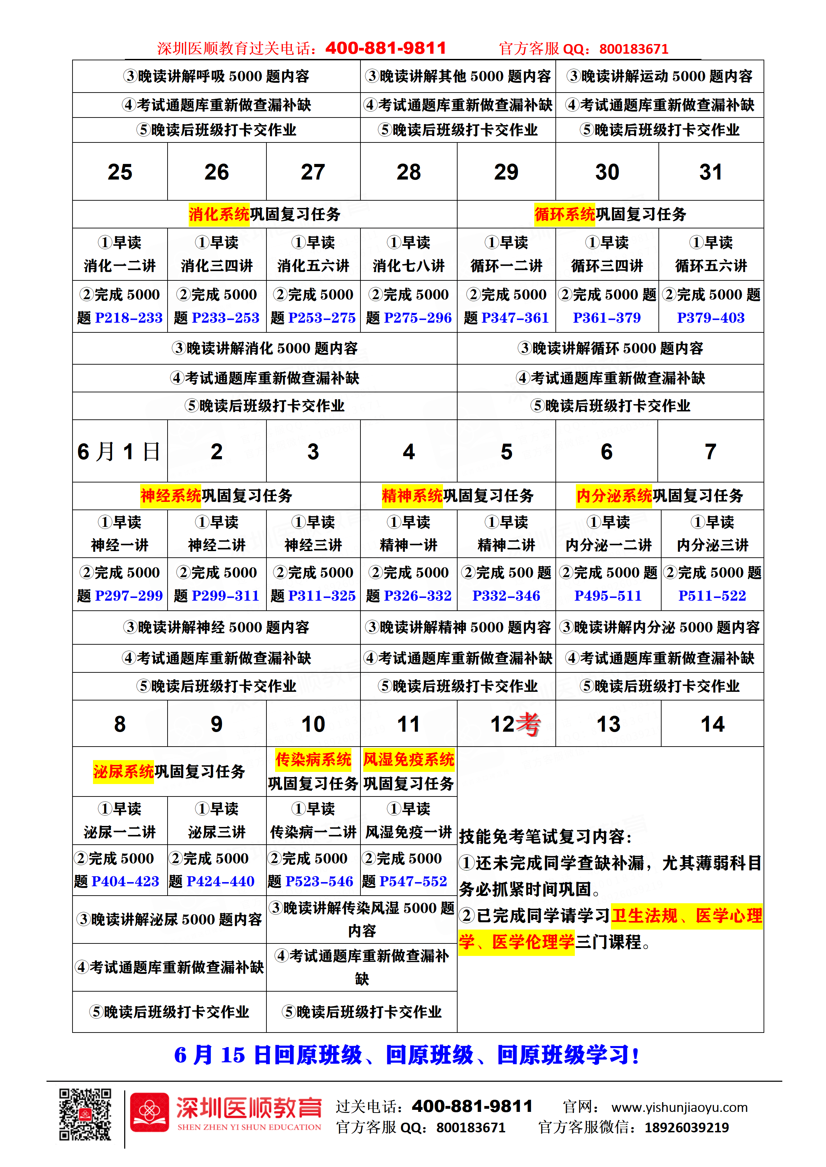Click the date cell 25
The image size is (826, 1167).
point(120,172)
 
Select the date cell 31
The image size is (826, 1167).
point(710,172)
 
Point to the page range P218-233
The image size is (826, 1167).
point(129,318)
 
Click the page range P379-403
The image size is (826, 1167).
point(710,318)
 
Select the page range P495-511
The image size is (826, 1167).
point(608,596)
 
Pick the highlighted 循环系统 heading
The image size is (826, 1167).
point(564,214)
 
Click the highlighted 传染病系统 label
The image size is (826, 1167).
point(313,759)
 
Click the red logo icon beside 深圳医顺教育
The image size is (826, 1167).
point(149,1113)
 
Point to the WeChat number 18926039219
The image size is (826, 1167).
point(687,1128)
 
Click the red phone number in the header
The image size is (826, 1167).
point(385,48)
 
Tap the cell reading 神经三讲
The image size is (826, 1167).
point(313,545)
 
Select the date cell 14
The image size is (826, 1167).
point(712,724)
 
